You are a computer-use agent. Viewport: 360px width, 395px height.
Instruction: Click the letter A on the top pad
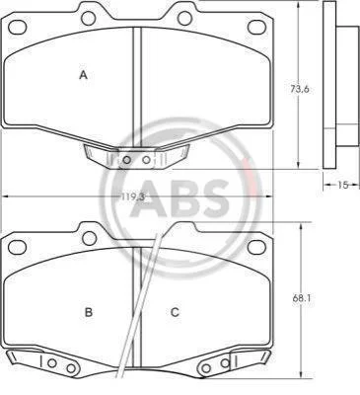point(84,75)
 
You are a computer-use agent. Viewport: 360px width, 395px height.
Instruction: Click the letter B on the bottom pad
point(89,312)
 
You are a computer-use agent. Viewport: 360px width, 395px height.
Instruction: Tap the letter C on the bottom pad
point(175,312)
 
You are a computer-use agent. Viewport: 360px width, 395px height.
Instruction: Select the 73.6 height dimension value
point(299,89)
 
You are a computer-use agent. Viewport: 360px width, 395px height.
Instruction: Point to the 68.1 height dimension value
point(302,298)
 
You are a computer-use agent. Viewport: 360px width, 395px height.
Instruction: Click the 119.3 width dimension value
point(133,197)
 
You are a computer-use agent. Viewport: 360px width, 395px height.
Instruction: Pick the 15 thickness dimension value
point(342,185)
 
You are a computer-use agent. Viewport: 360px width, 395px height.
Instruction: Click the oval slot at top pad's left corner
point(18,27)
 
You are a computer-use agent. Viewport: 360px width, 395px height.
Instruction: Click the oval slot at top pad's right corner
point(256,27)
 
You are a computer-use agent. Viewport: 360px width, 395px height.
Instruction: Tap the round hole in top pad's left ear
point(89,18)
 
